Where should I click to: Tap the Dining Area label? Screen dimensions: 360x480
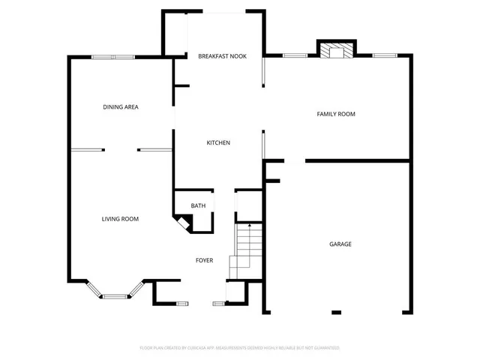click(121, 106)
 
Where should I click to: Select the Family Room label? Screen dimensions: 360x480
click(336, 114)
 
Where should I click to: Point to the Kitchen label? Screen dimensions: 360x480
click(218, 142)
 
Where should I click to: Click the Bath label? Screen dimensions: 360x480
click(198, 205)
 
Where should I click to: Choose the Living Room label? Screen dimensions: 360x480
click(121, 219)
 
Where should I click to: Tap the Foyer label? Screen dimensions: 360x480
click(205, 260)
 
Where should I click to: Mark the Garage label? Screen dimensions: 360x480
click(340, 244)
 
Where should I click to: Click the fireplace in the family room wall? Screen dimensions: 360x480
click(335, 50)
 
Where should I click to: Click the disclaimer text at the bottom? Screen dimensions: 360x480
click(240, 348)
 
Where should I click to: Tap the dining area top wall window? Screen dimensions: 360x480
click(113, 57)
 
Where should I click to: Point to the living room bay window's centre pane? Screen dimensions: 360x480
click(115, 297)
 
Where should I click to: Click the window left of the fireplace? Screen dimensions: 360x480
click(295, 55)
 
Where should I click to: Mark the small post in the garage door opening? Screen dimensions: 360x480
click(337, 312)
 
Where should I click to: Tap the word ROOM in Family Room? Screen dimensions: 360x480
click(346, 114)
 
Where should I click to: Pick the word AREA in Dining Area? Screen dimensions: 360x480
click(131, 106)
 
